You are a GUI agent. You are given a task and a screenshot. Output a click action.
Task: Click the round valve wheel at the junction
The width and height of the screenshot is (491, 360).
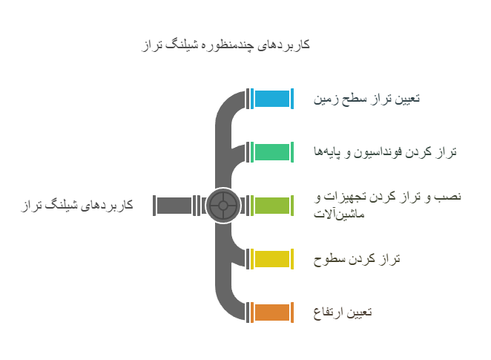[x=223, y=206]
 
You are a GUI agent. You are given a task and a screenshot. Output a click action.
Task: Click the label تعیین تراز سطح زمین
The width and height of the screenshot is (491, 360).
[x=366, y=98]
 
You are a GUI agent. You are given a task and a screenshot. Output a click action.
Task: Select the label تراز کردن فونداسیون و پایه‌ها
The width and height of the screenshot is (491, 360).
[x=384, y=151]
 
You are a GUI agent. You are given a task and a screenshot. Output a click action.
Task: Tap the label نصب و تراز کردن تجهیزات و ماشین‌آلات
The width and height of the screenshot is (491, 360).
[x=387, y=205]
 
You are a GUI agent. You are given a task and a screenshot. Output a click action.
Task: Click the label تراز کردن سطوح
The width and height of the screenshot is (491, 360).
[x=357, y=259]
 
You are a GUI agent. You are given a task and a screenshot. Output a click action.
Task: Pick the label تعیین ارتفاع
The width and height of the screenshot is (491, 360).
[x=343, y=312]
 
